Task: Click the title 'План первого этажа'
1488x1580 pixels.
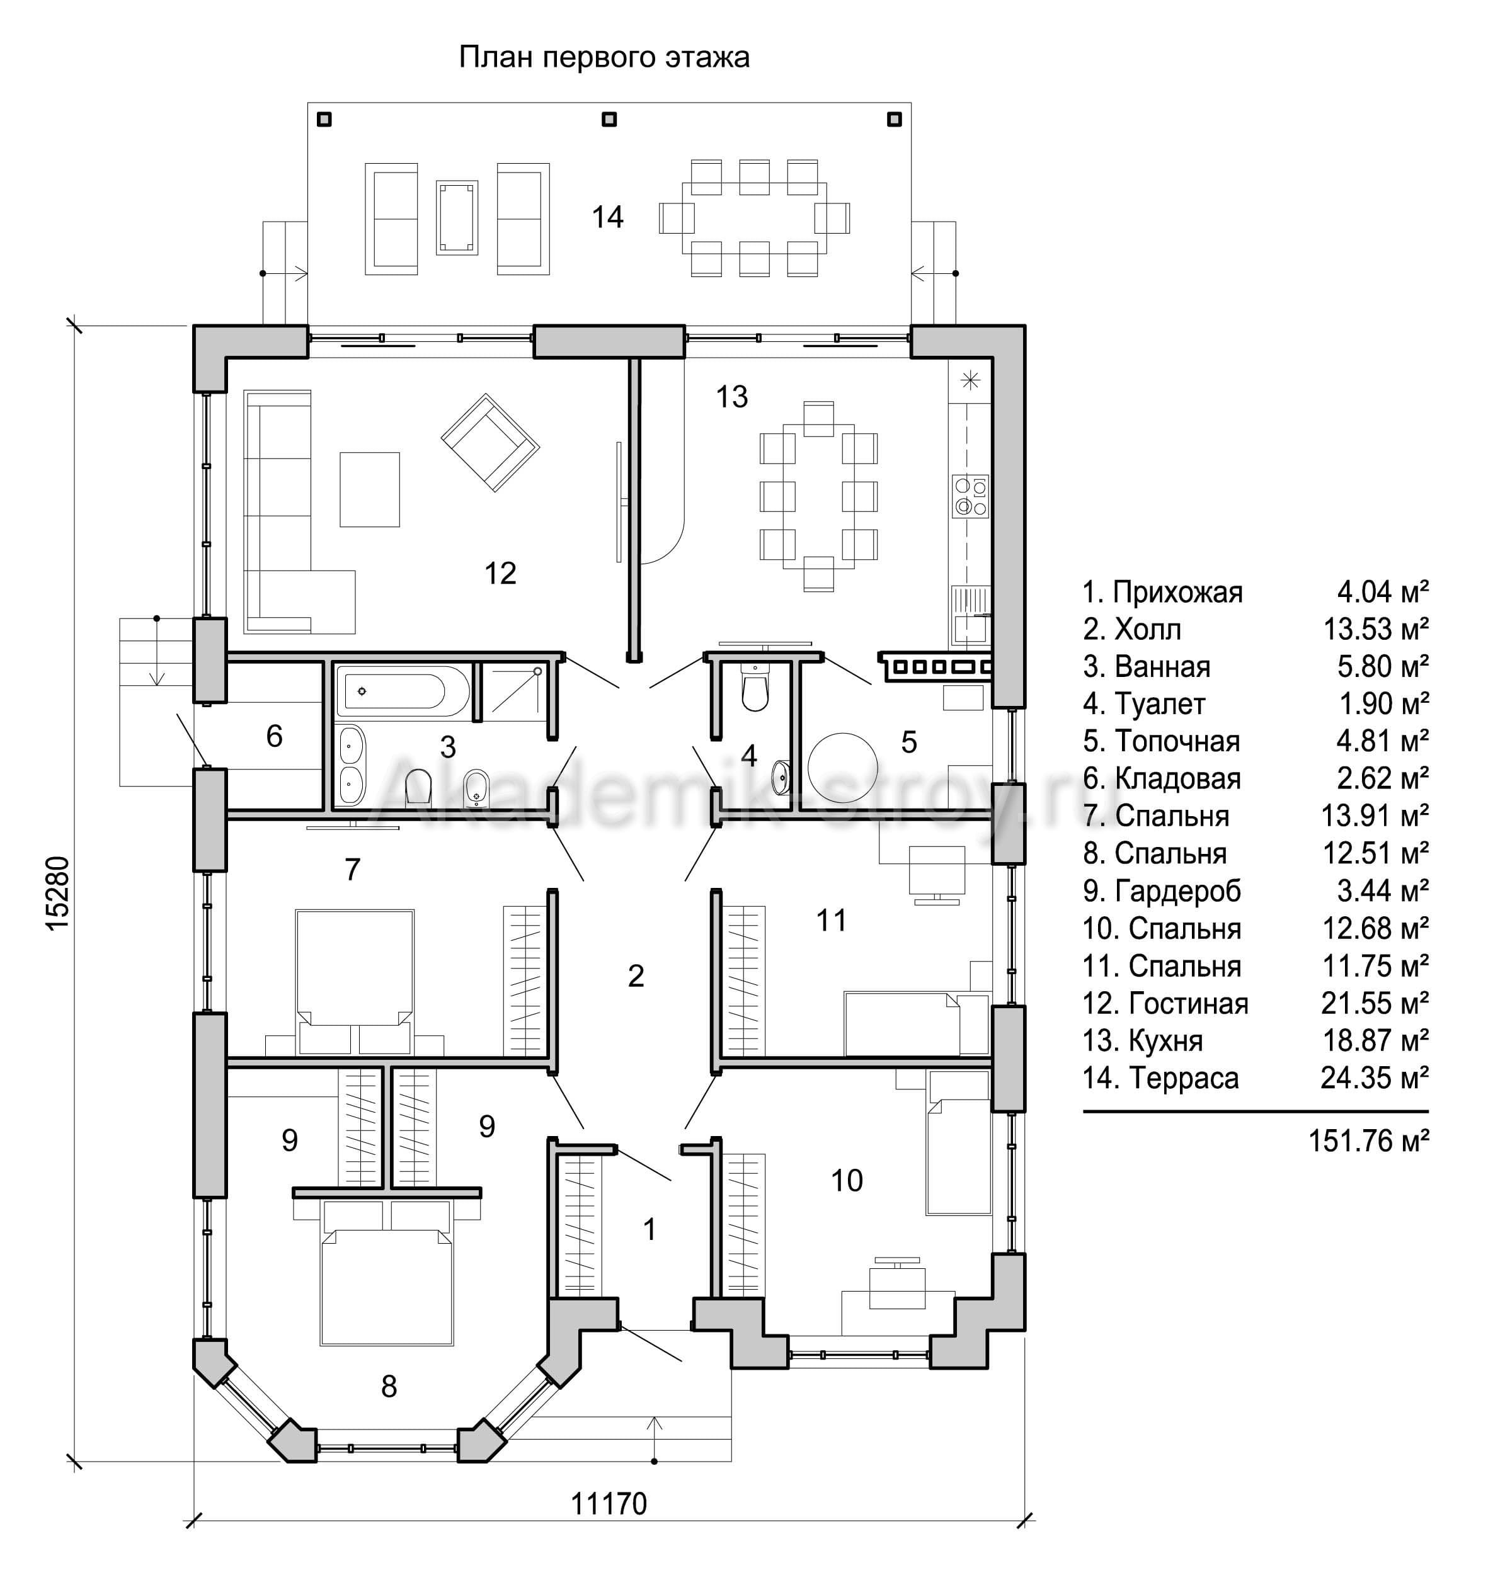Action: click(x=604, y=58)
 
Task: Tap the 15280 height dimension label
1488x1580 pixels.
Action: click(x=58, y=894)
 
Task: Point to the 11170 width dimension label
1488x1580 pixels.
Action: click(x=609, y=1504)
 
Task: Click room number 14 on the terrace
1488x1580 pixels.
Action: click(x=607, y=217)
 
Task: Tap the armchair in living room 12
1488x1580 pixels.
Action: click(x=491, y=443)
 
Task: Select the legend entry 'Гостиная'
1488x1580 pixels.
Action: click(x=1165, y=1004)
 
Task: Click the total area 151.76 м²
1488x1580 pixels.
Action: click(x=1369, y=1140)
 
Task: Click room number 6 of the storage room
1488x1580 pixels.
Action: click(x=274, y=736)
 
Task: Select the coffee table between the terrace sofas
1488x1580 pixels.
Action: click(x=457, y=218)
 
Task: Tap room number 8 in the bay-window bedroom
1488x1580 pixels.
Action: click(x=389, y=1386)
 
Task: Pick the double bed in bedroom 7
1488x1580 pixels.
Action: click(x=355, y=982)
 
